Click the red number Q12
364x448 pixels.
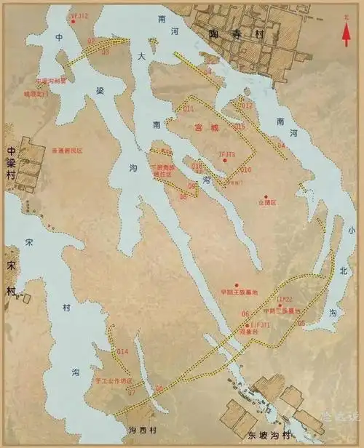pyautogui.click(x=248, y=105)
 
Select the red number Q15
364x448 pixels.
pyautogui.click(x=240, y=127)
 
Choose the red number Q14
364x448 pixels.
pyautogui.click(x=122, y=352)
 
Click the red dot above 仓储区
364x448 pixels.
pyautogui.click(x=266, y=197)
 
